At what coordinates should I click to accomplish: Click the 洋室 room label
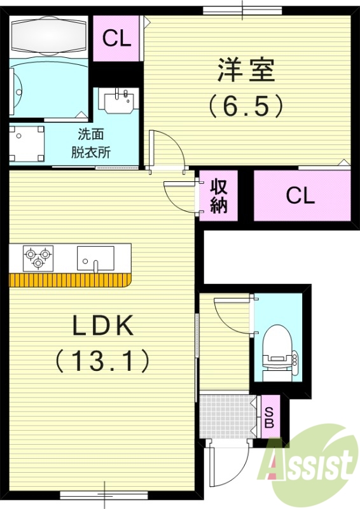tap(246, 71)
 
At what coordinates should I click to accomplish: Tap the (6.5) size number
tap(246, 105)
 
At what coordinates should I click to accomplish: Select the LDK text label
tap(102, 327)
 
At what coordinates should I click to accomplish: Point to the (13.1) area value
tap(102, 361)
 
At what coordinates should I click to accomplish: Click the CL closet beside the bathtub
tap(117, 39)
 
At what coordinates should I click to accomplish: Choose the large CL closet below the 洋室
tap(300, 195)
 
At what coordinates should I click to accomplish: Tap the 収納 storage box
tap(219, 196)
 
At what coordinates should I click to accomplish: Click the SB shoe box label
tap(268, 416)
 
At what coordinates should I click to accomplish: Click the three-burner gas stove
tap(37, 257)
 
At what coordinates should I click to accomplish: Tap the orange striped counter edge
tap(70, 281)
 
